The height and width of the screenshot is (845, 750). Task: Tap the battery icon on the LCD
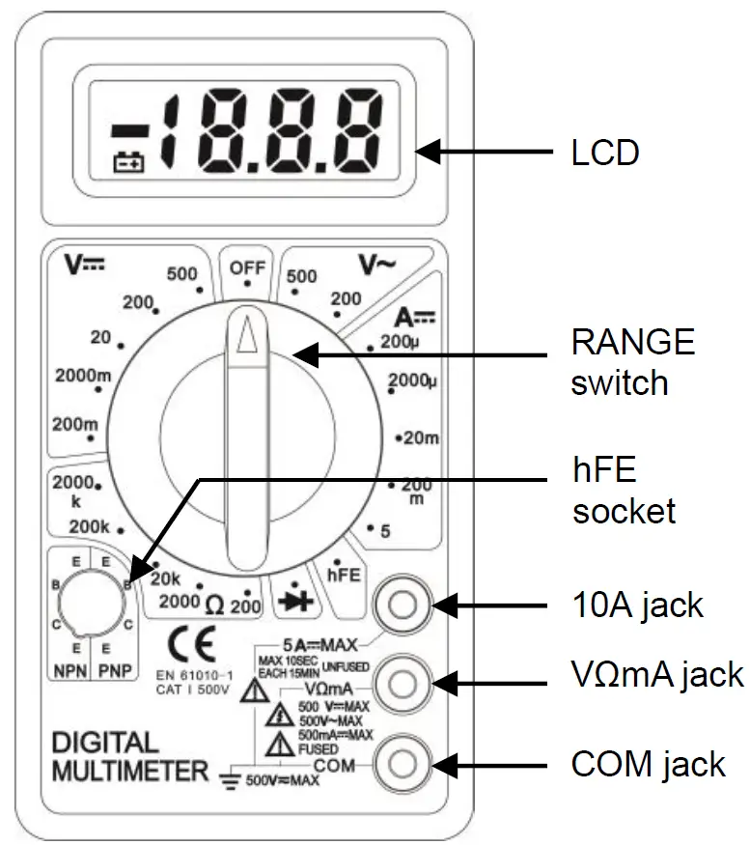point(127,163)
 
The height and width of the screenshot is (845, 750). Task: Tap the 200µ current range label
point(399,340)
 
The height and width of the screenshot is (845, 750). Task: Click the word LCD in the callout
point(605,152)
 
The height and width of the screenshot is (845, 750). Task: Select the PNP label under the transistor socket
point(115,669)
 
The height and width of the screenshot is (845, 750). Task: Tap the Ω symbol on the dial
point(215,606)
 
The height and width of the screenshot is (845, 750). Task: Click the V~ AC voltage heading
point(377,265)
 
